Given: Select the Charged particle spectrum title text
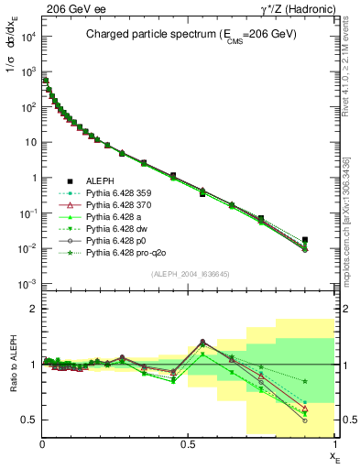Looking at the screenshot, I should tap(188, 36).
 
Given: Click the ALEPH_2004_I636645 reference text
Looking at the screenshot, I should tap(190, 272).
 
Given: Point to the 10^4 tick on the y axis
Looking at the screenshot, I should tap(28, 36).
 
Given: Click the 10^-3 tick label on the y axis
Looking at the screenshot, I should tap(27, 284).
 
